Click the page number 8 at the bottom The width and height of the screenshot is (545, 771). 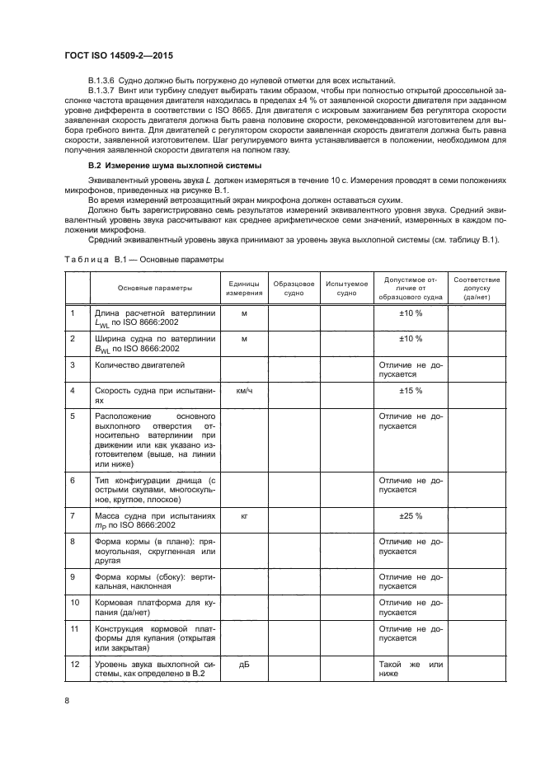pos(68,700)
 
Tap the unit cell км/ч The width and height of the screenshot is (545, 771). pos(244,390)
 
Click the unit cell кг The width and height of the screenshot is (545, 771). pos(244,515)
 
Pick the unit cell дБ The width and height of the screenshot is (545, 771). pos(244,665)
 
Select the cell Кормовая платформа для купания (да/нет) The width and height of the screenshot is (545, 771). pos(154,608)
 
